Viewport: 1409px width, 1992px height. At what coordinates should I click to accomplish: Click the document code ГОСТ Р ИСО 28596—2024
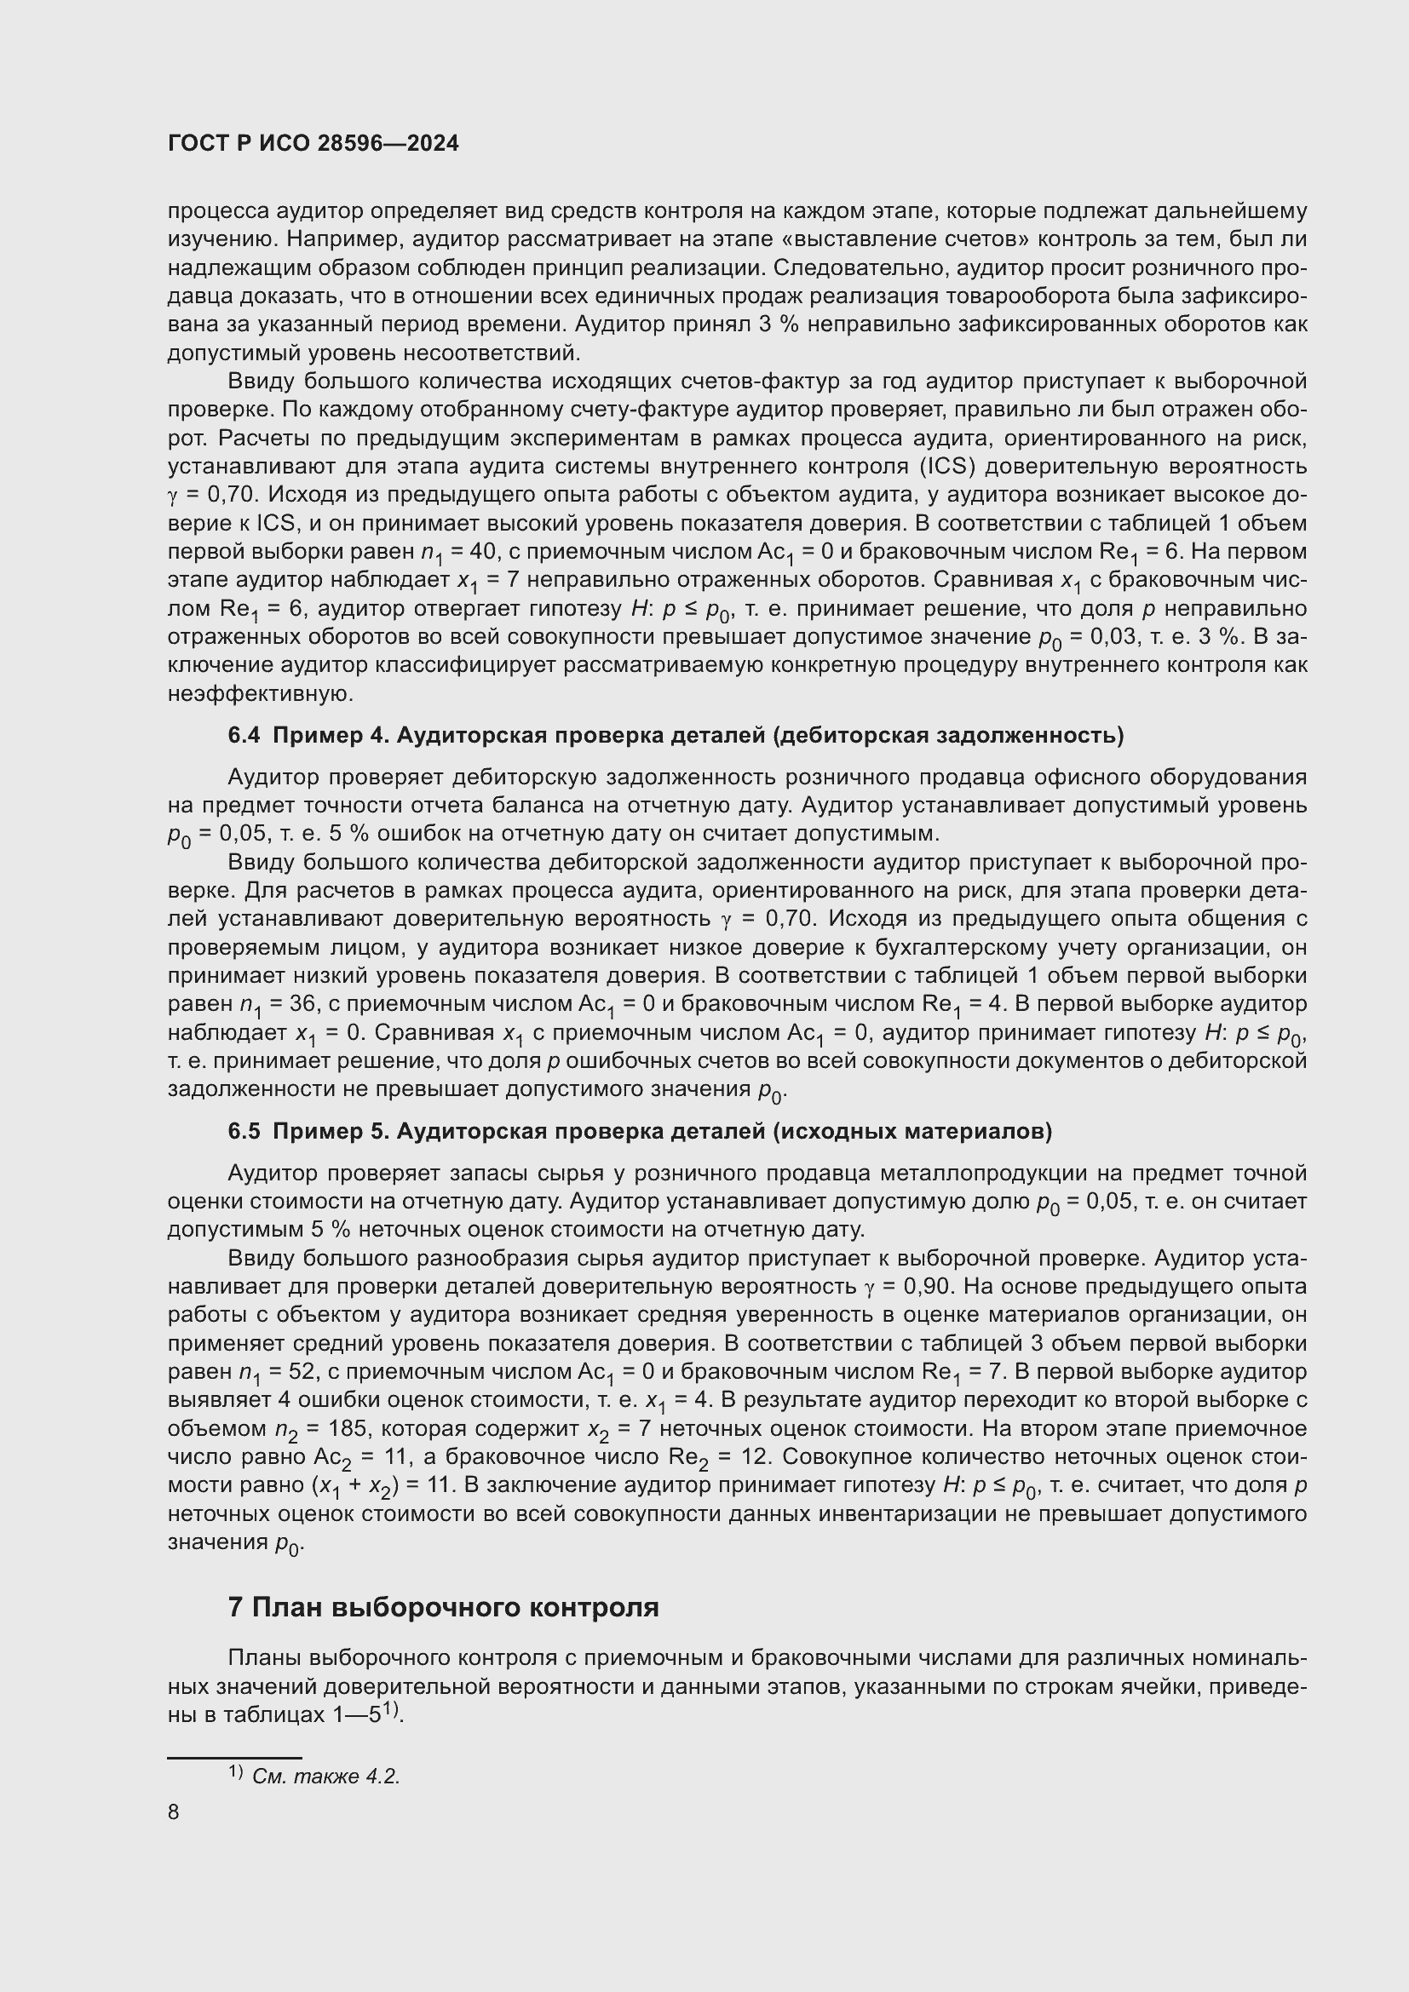[x=313, y=144]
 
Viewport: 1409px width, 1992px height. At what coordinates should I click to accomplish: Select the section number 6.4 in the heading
[x=244, y=736]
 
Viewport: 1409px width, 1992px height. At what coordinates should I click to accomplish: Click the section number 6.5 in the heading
[x=244, y=1131]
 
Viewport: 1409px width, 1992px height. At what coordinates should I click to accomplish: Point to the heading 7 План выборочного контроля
[x=443, y=1608]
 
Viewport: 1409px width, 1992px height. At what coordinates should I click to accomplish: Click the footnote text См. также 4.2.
[x=325, y=1776]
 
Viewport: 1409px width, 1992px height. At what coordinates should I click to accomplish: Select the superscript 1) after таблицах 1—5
[x=392, y=1711]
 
